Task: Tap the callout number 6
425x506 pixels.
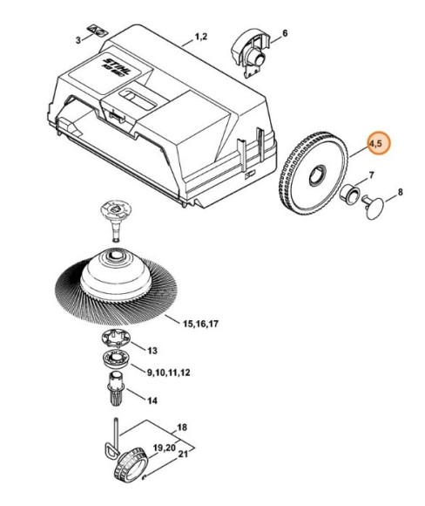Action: coord(285,33)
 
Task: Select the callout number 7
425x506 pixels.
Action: coord(372,175)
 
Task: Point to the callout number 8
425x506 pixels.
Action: coord(401,192)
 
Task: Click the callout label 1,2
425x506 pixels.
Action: coord(200,37)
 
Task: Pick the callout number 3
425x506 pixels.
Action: coord(78,40)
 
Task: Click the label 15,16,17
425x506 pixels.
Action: coord(200,324)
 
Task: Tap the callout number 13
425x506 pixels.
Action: coord(152,351)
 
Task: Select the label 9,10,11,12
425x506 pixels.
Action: coord(168,373)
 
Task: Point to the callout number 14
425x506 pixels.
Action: coord(152,400)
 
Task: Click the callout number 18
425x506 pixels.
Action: coord(182,427)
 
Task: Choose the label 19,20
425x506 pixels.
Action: coord(165,448)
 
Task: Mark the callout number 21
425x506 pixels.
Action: coord(183,454)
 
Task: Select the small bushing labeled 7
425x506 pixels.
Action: coord(350,194)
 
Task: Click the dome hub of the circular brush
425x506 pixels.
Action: coord(116,274)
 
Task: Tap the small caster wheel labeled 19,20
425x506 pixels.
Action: coord(131,465)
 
